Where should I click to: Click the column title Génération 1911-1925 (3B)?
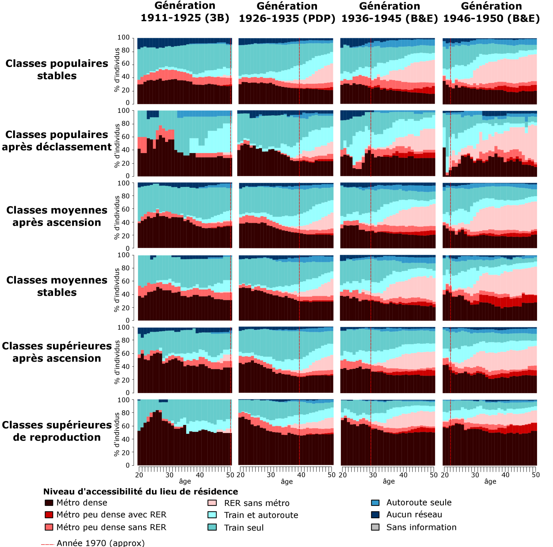pyautogui.click(x=185, y=12)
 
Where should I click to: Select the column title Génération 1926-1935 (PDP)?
pyautogui.click(x=287, y=12)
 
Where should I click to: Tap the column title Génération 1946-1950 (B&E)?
pyautogui.click(x=492, y=12)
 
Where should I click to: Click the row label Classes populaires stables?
pyautogui.click(x=57, y=69)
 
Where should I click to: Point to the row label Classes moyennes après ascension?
pyautogui.click(x=57, y=216)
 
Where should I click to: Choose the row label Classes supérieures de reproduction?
pyautogui.click(x=57, y=431)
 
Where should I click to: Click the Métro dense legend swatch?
pyautogui.click(x=49, y=503)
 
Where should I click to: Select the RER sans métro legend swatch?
pyautogui.click(x=212, y=503)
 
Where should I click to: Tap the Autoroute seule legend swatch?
pyautogui.click(x=375, y=503)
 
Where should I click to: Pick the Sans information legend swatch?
pyautogui.click(x=375, y=527)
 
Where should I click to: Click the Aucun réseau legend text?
pyautogui.click(x=414, y=515)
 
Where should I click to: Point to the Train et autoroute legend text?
pyautogui.click(x=261, y=515)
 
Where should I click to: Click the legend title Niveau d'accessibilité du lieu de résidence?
pyautogui.click(x=140, y=492)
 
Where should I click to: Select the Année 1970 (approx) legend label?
pyautogui.click(x=100, y=543)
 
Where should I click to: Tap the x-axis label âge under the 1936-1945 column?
pyautogui.click(x=389, y=481)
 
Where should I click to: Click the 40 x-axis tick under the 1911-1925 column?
pyautogui.click(x=200, y=475)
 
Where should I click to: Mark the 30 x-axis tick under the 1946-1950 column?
pyautogui.click(x=475, y=475)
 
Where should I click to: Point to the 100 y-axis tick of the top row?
pyautogui.click(x=124, y=37)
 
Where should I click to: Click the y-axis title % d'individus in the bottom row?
pyautogui.click(x=117, y=434)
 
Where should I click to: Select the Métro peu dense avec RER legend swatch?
pyautogui.click(x=49, y=515)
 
